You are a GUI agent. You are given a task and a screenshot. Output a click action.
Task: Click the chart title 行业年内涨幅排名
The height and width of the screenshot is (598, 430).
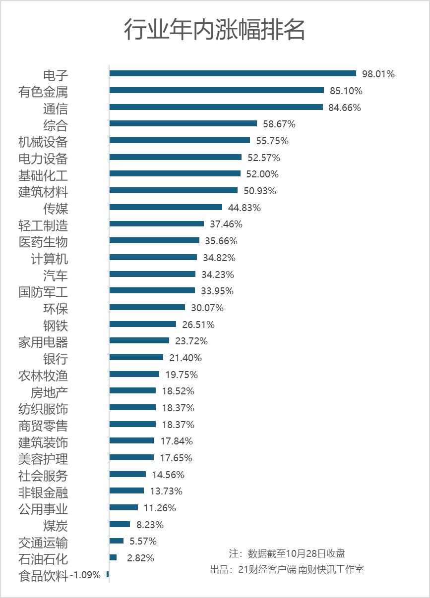(x=214, y=30)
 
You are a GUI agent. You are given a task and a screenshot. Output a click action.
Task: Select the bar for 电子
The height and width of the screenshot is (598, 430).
(x=233, y=73)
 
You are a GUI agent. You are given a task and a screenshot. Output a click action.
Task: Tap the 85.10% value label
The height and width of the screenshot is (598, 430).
(x=346, y=91)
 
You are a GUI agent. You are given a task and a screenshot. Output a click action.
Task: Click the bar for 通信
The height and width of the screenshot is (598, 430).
(x=216, y=107)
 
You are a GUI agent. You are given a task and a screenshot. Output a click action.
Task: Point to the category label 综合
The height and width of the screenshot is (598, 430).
(x=56, y=125)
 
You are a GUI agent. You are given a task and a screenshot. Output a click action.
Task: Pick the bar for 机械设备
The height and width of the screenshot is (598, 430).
(x=180, y=140)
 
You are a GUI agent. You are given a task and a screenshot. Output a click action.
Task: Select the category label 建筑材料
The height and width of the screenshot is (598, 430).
(x=43, y=192)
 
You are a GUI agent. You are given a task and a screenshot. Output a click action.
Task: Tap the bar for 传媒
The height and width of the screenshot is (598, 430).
(x=166, y=207)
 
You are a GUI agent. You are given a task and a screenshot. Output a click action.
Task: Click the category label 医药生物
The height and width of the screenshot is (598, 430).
(x=43, y=242)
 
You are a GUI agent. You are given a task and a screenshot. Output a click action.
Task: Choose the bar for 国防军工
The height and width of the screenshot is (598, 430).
(x=152, y=290)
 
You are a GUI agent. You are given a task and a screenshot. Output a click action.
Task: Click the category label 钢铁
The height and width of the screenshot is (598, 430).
(x=56, y=326)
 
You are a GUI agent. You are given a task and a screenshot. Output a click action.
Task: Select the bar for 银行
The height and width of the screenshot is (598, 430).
(x=136, y=357)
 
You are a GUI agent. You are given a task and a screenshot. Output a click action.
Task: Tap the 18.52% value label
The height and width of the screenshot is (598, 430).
(x=178, y=391)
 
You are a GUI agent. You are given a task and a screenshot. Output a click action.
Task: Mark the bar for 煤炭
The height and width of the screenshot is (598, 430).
(x=120, y=524)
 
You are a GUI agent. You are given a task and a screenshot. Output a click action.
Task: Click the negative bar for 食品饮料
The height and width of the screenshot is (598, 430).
(x=108, y=574)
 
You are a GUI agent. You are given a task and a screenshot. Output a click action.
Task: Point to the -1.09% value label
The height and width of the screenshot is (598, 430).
(x=85, y=575)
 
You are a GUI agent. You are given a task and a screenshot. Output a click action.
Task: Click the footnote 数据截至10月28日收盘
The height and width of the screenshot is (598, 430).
(x=287, y=553)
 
